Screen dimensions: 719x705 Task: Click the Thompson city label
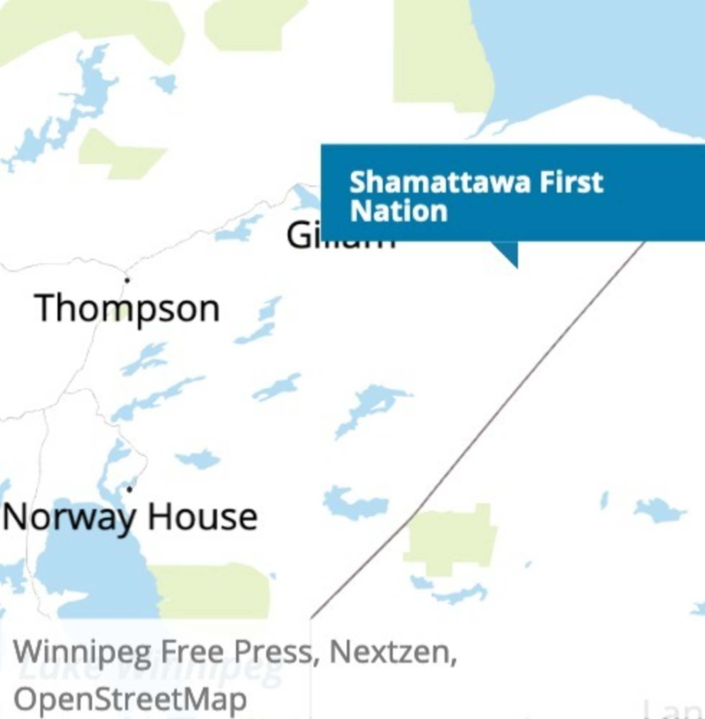(128, 309)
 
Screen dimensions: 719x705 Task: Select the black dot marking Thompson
(127, 280)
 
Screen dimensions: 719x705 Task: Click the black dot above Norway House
(129, 489)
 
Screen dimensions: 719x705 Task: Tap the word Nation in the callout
(398, 211)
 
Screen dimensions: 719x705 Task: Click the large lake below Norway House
(96, 577)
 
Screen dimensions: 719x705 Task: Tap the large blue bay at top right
(593, 55)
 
